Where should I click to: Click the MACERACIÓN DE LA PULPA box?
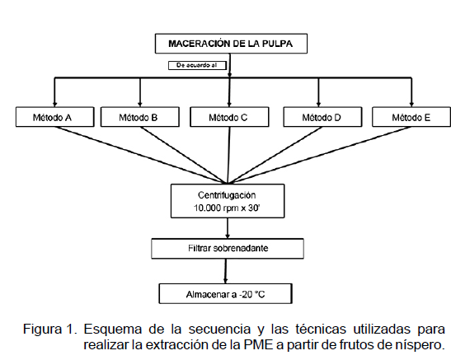(x=231, y=44)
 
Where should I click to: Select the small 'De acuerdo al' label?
(x=197, y=66)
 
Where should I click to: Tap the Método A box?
(x=54, y=117)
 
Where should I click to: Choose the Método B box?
(x=140, y=117)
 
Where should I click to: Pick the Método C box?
(x=229, y=117)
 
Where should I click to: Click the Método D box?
(x=322, y=117)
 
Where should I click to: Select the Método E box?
(x=411, y=117)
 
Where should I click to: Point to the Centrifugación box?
(x=228, y=201)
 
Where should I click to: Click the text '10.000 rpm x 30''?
(x=227, y=208)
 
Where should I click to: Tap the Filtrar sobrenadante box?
(x=228, y=249)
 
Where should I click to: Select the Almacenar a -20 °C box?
(x=226, y=293)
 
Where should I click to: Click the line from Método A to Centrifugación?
(x=141, y=155)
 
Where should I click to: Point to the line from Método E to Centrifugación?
(x=319, y=155)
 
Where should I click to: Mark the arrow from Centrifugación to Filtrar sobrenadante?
(x=228, y=228)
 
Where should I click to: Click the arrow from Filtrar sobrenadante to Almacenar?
(x=226, y=271)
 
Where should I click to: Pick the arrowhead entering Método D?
(x=318, y=104)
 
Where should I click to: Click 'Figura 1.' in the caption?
(x=50, y=329)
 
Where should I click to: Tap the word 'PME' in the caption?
(x=259, y=345)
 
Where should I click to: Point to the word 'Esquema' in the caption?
(x=113, y=330)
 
